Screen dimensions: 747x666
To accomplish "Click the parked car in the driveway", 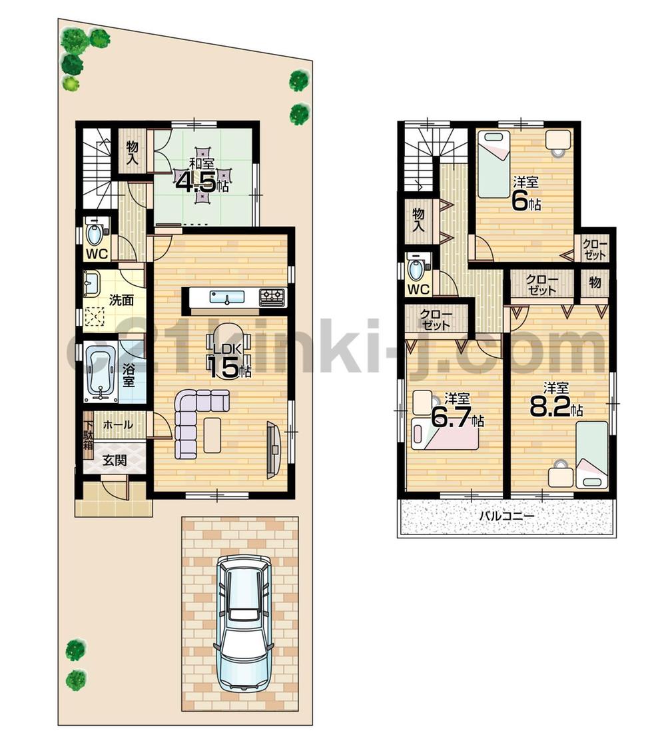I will [x=244, y=623].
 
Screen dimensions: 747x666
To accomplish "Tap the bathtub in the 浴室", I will [x=101, y=375].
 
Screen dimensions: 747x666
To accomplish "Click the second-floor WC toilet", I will [x=418, y=270].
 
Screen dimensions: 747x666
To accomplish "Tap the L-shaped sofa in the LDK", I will [x=194, y=420].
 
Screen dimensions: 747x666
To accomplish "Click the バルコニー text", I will [x=506, y=515].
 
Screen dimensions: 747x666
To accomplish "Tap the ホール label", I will [x=118, y=424].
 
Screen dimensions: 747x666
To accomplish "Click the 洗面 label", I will [x=122, y=300].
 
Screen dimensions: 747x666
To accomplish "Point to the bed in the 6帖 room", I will [x=494, y=163].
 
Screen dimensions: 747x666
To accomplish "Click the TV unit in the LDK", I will [x=274, y=449].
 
